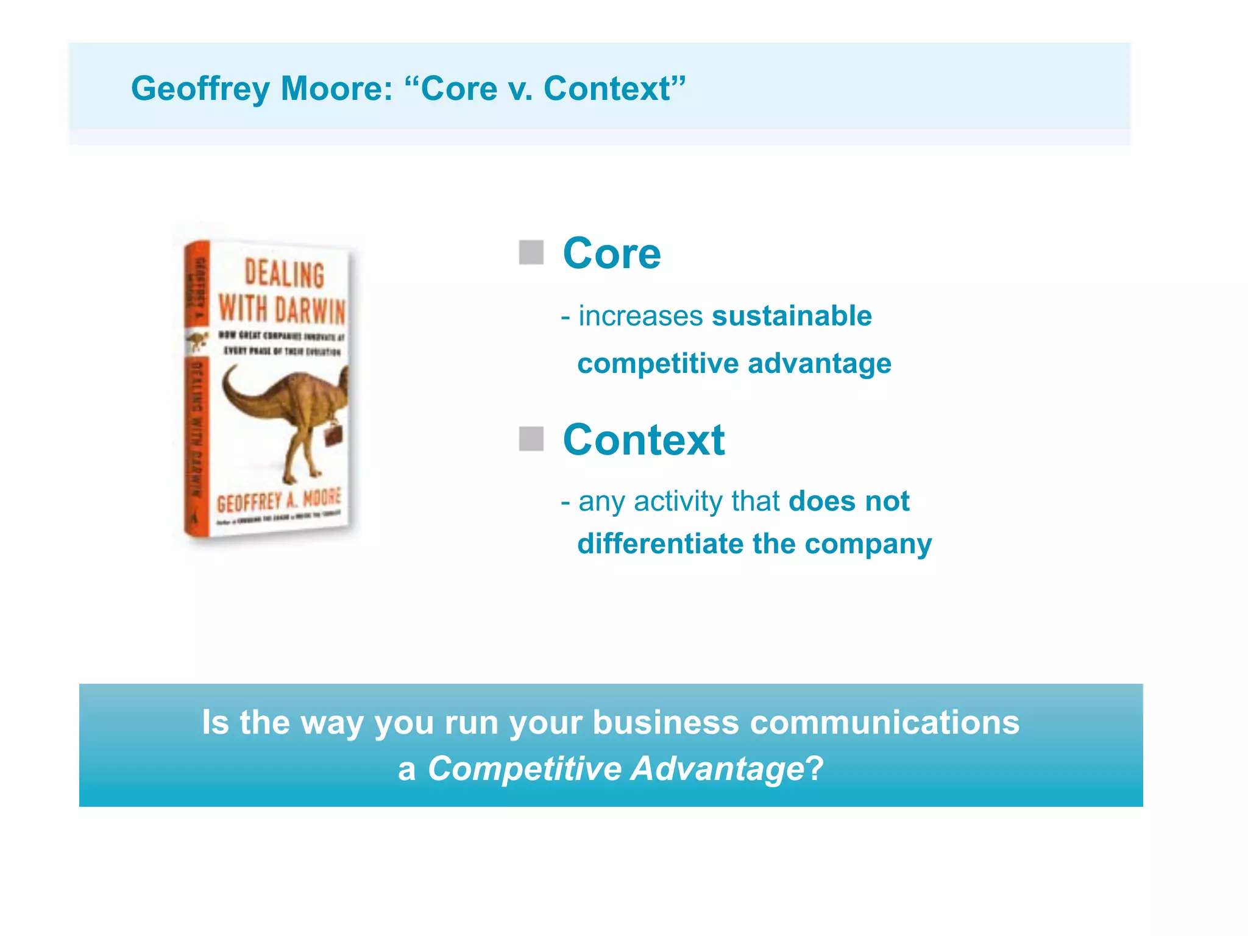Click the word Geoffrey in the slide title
pyautogui.click(x=200, y=89)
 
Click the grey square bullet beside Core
pyautogui.click(x=531, y=252)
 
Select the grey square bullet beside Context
pyautogui.click(x=531, y=439)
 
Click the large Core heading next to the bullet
pyautogui.click(x=612, y=253)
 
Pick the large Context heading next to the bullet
pyautogui.click(x=643, y=440)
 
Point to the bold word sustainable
pyautogui.click(x=792, y=316)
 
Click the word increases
pyautogui.click(x=640, y=316)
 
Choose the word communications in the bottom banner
pyautogui.click(x=884, y=723)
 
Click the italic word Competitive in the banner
pyautogui.click(x=524, y=769)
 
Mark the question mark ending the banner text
pyautogui.click(x=815, y=769)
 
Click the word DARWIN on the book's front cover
pyautogui.click(x=310, y=310)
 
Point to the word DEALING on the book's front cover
pyautogui.click(x=284, y=274)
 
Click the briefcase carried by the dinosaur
pyautogui.click(x=333, y=433)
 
